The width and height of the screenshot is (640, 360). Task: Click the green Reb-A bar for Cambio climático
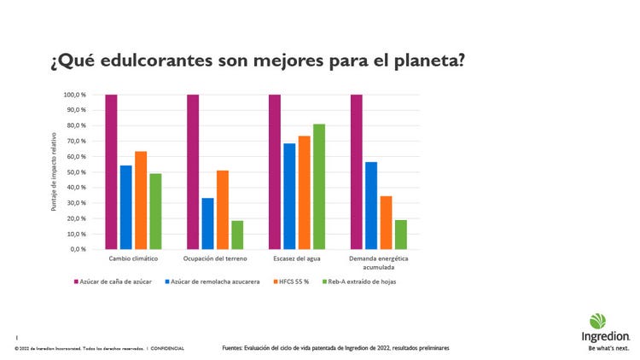click(155, 212)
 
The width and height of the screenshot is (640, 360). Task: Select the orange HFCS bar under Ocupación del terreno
click(222, 210)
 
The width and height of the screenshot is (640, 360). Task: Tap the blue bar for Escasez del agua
click(289, 196)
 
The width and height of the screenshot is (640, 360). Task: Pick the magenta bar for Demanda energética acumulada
click(356, 171)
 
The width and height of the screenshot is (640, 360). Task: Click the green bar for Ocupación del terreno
click(237, 235)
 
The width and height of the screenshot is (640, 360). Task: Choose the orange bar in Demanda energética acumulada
click(386, 223)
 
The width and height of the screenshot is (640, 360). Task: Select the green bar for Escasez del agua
click(318, 187)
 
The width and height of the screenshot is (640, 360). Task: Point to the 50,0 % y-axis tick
click(75, 172)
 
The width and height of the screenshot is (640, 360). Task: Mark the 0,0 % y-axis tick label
click(77, 249)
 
